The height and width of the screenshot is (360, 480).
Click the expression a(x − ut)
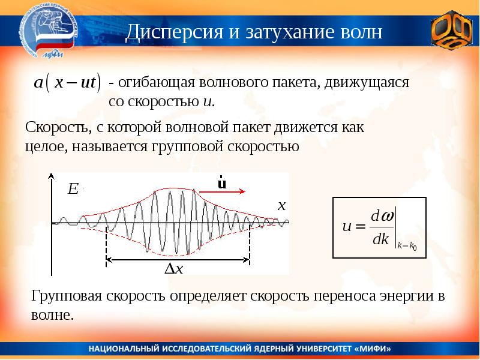[67, 84]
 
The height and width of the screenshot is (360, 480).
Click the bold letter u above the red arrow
[221, 182]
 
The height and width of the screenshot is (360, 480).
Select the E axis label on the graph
[73, 190]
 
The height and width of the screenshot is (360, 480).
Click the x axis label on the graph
[280, 205]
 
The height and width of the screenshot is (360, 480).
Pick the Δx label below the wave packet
[174, 270]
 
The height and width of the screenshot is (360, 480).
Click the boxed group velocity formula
[379, 227]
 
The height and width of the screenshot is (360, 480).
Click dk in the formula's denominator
[381, 240]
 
